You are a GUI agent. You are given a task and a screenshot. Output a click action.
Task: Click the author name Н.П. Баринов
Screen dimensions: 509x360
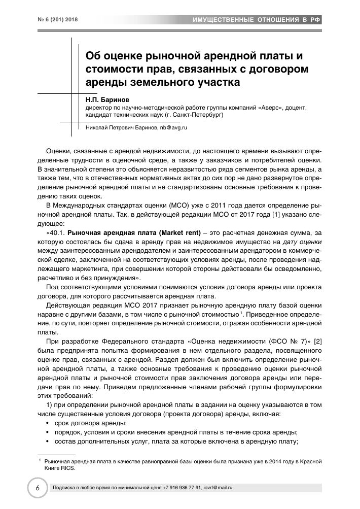click(x=104, y=100)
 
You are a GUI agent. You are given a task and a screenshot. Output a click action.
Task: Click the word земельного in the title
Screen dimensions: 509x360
click(x=159, y=80)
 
